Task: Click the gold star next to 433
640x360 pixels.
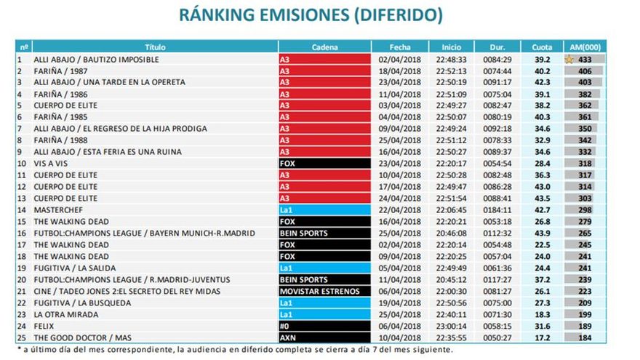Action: (569, 60)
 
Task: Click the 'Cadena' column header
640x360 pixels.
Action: (324, 47)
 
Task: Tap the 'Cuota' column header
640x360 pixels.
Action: (541, 47)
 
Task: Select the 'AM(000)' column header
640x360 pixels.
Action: (584, 47)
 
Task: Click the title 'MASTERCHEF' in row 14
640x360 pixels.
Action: (56, 209)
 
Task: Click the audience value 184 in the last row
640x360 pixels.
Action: (585, 337)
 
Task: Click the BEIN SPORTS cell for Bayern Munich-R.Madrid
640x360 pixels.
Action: (304, 233)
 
